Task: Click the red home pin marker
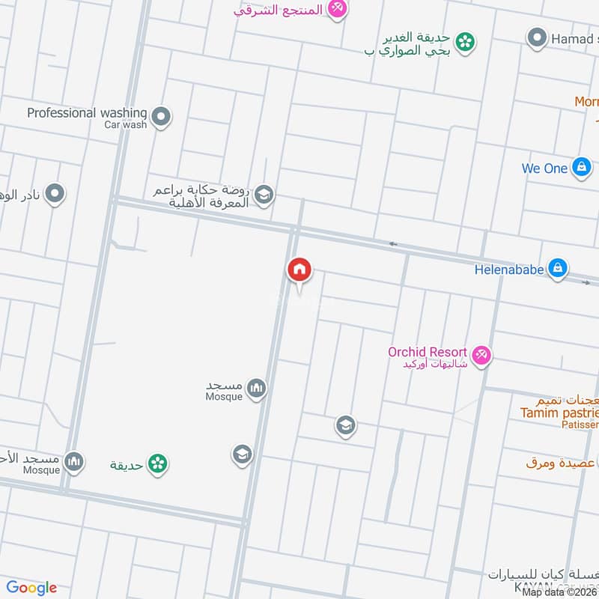click(299, 270)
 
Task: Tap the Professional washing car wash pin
click(160, 117)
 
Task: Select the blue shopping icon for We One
click(581, 168)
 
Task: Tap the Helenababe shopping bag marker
click(557, 268)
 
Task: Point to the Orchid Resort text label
click(428, 352)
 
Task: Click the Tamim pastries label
click(560, 413)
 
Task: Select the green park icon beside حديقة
click(156, 464)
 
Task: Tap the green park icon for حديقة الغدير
click(466, 42)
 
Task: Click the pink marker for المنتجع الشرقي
click(338, 9)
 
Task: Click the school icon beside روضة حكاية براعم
click(264, 195)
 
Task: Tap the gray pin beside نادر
click(54, 195)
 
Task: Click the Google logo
click(31, 588)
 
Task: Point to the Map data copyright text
click(560, 592)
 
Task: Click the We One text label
click(544, 168)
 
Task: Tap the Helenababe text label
click(508, 269)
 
